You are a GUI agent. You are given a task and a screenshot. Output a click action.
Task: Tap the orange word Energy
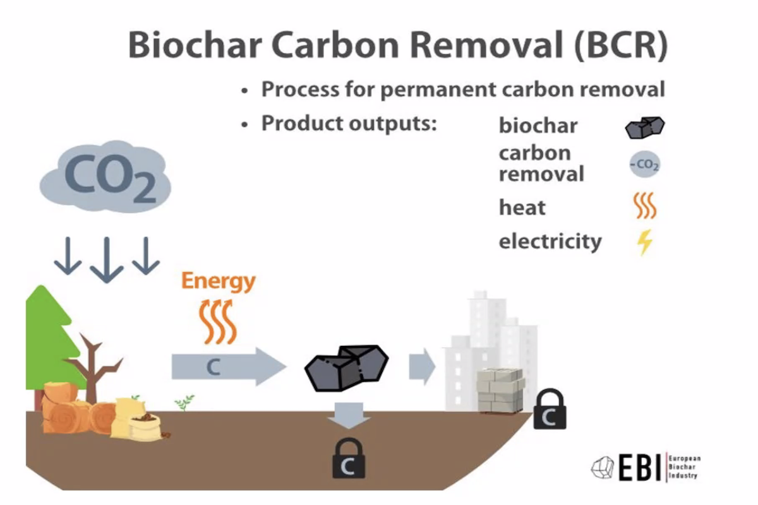point(219,281)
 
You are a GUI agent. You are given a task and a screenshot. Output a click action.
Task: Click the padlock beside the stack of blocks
point(549,410)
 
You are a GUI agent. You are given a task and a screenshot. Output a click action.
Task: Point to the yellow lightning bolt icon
point(644,242)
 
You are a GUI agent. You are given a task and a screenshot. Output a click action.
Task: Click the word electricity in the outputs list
point(550,241)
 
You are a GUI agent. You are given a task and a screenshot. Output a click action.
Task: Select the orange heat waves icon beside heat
point(645,206)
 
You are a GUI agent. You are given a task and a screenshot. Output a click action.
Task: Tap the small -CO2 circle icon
point(645,166)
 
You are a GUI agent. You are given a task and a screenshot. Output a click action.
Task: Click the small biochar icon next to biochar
point(644,128)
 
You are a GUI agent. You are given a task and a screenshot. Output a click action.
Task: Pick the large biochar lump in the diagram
point(346,367)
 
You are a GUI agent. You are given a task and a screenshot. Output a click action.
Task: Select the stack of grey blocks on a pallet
point(500,390)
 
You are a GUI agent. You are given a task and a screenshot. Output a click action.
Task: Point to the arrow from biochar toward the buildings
point(421,366)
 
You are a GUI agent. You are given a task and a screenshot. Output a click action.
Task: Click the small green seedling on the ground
point(185,401)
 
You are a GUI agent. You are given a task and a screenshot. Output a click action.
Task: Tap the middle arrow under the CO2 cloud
point(106,259)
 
